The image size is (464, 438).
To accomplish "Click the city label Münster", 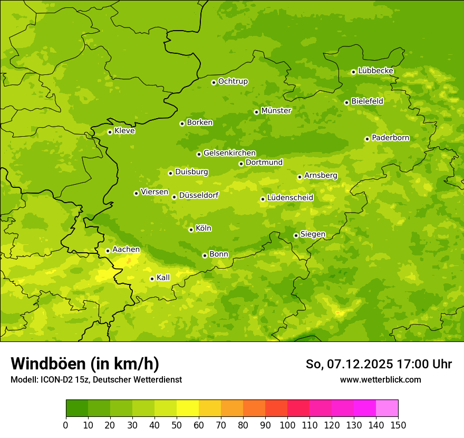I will [x=276, y=111].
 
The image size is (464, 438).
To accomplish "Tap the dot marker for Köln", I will [x=191, y=230].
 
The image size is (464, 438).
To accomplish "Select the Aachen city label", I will [x=126, y=250].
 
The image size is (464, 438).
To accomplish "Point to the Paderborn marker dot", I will [x=367, y=139].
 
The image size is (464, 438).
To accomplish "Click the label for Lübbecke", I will [x=375, y=71].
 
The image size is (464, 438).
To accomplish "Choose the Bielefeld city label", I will [x=367, y=101].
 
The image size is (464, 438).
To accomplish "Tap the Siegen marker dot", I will [x=296, y=235].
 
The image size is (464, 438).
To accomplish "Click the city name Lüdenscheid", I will [x=290, y=198].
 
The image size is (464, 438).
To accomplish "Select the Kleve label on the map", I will [x=124, y=131].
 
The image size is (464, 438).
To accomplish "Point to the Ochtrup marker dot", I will [x=214, y=82].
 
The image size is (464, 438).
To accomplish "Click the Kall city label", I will [x=163, y=278].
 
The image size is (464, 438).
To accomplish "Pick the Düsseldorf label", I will [x=198, y=195].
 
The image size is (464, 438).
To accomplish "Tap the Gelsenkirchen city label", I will [x=229, y=153].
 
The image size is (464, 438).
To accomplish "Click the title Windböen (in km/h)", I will [x=85, y=364].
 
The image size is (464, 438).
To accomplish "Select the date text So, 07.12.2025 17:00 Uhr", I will [x=379, y=364].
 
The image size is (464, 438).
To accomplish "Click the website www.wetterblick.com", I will [x=380, y=379].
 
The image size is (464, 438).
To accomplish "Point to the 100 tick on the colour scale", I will [x=287, y=425].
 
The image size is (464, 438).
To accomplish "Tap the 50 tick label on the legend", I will [x=177, y=425].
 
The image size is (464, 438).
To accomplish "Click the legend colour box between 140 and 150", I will [x=387, y=408].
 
